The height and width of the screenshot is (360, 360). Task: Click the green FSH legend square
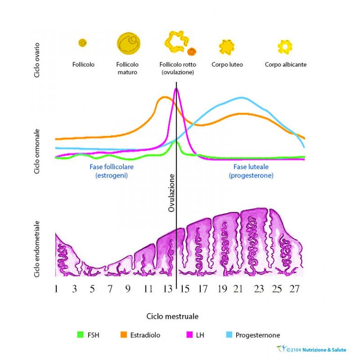click(80, 335)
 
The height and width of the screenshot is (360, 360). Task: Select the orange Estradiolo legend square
click(124, 335)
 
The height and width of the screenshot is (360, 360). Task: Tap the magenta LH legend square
click(189, 335)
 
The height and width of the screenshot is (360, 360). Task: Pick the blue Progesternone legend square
click(229, 335)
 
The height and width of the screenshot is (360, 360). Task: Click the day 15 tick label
click(185, 289)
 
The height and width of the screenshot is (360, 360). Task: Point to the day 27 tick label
click(294, 289)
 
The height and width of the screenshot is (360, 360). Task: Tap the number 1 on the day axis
click(56, 289)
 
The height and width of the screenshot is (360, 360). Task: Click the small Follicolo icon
click(82, 43)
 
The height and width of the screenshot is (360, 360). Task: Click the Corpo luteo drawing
click(226, 47)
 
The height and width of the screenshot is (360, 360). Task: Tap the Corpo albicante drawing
click(285, 46)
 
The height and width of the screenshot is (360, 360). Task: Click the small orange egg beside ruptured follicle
click(191, 51)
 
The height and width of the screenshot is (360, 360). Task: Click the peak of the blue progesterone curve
click(241, 97)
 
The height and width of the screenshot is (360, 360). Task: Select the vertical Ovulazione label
click(172, 193)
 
